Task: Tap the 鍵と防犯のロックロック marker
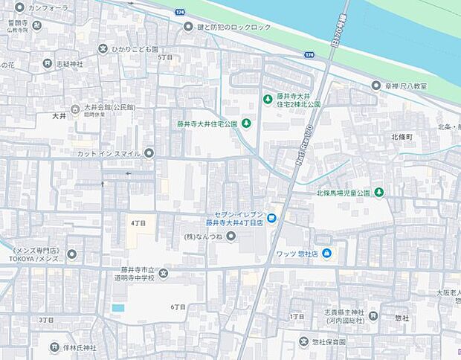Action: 188,27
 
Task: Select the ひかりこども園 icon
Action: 103,49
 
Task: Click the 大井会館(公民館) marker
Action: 74,110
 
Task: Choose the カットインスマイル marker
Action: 149,153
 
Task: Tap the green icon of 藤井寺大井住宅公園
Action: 246,123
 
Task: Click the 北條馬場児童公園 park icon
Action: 379,193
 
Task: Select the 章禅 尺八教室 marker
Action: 376,86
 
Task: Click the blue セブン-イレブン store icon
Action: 272,217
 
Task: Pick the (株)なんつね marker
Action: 230,237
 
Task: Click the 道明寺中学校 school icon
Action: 164,274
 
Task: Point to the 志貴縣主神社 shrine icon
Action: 373,316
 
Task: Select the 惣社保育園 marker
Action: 303,341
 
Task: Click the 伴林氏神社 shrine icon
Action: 54,347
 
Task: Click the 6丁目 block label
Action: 178,306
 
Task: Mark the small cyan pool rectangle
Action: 118,308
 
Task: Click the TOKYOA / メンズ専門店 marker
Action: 71,254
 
